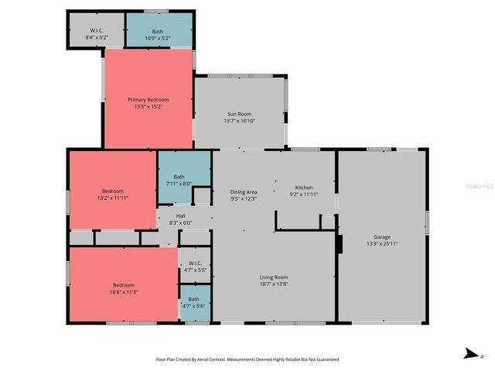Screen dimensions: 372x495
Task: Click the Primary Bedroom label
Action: (148, 99)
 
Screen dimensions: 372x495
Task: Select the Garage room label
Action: (382, 237)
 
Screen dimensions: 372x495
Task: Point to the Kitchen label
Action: (304, 188)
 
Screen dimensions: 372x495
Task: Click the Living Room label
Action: (273, 277)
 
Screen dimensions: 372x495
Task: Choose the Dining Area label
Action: (244, 191)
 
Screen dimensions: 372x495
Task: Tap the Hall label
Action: (180, 215)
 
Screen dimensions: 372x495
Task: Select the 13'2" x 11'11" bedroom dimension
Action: (113, 198)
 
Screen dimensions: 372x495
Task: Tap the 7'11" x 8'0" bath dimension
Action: (179, 184)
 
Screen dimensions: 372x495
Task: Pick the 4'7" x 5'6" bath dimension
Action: (194, 306)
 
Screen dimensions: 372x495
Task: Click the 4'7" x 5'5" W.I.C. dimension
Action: (195, 270)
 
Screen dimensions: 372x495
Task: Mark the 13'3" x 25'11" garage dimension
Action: (382, 244)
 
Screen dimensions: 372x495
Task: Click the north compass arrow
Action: (470, 354)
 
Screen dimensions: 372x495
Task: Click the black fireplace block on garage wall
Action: (339, 244)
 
